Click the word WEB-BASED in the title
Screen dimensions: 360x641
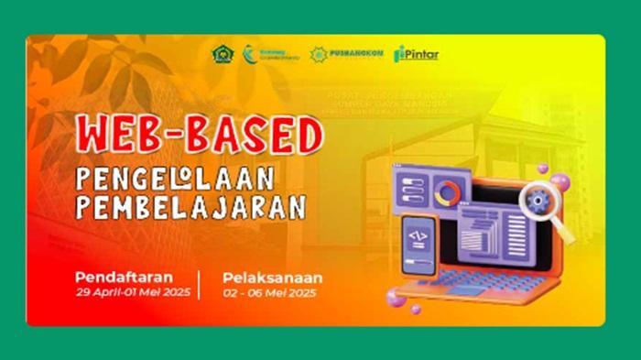pyautogui.click(x=200, y=136)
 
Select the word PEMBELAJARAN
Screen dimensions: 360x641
pyautogui.click(x=190, y=207)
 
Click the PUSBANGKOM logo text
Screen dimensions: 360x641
pyautogui.click(x=358, y=55)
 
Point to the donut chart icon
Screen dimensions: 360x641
pyautogui.click(x=450, y=192)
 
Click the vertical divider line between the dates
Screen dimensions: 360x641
pyautogui.click(x=200, y=284)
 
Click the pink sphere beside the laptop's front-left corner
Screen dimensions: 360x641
pyautogui.click(x=397, y=298)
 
